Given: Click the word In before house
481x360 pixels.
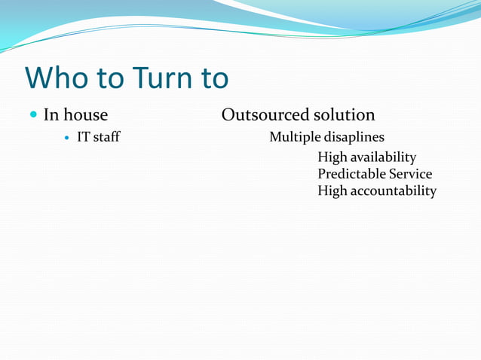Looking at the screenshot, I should coord(51,115).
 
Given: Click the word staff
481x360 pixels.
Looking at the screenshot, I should coord(106,137).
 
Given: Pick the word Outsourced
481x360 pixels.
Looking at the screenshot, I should coord(262,115).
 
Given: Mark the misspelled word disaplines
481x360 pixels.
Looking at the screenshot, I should coord(354,137).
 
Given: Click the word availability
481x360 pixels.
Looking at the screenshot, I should coord(384,157).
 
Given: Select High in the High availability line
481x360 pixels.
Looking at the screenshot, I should coord(332,157).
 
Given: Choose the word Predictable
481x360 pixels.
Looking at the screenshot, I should coord(351,174).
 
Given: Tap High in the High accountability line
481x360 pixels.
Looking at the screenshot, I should coord(332,191).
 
